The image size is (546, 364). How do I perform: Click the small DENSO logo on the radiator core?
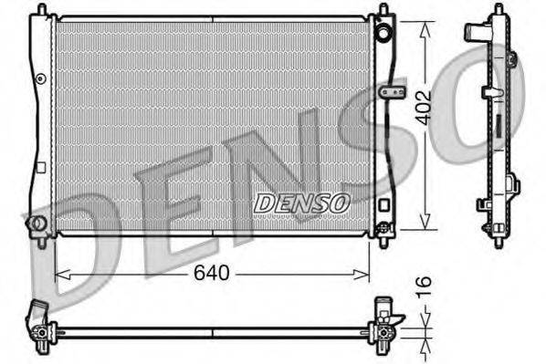[x=301, y=203]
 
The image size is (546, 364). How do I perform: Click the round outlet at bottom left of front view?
[x=37, y=224]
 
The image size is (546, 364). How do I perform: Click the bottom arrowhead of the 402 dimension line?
[x=425, y=226]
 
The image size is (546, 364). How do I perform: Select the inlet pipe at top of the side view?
[x=475, y=33]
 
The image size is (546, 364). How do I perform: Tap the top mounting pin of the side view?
[x=498, y=8]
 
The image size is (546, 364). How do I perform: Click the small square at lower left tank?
[x=41, y=167]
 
